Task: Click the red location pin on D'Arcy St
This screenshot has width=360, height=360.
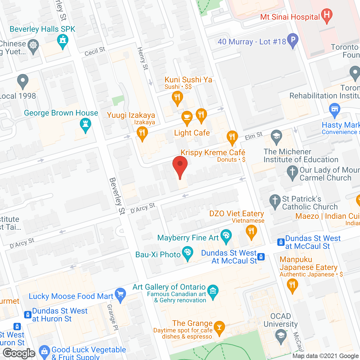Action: click(180, 165)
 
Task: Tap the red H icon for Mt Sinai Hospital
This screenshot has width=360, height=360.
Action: click(327, 15)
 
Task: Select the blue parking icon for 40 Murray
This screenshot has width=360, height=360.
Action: click(293, 39)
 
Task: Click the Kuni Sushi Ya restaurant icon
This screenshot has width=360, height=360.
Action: click(177, 98)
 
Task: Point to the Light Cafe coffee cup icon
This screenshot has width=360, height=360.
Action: click(187, 116)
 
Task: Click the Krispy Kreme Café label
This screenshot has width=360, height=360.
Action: click(213, 152)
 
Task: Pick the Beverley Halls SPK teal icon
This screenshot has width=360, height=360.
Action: click(63, 40)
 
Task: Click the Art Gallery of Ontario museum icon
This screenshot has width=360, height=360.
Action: click(213, 290)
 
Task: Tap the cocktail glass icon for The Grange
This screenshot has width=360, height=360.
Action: click(219, 327)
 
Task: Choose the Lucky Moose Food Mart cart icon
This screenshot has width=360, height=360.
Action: click(120, 294)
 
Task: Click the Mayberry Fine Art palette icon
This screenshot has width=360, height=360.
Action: click(226, 235)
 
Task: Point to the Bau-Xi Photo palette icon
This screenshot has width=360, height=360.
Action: click(187, 252)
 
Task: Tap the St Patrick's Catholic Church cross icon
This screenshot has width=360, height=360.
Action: click(275, 201)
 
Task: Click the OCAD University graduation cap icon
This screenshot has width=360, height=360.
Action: click(281, 335)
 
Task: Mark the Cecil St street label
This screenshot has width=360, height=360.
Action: click(95, 51)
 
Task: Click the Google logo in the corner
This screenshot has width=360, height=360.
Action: click(19, 353)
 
